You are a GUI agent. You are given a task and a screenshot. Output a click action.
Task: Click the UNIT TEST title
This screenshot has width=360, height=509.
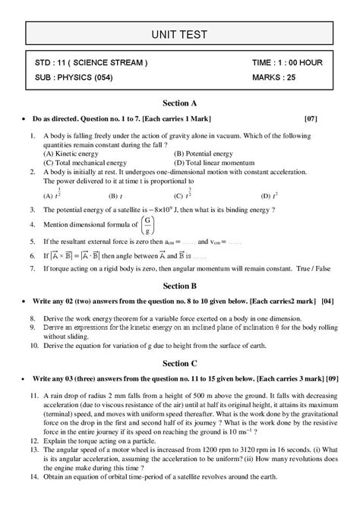[x=179, y=33]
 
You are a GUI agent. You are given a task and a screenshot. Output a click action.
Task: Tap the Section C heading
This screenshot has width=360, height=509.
[x=179, y=378]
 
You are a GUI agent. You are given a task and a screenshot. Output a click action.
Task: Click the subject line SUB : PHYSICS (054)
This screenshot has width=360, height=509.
[x=80, y=77]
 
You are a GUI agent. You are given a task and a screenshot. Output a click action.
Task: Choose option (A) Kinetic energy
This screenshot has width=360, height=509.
[x=71, y=153]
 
